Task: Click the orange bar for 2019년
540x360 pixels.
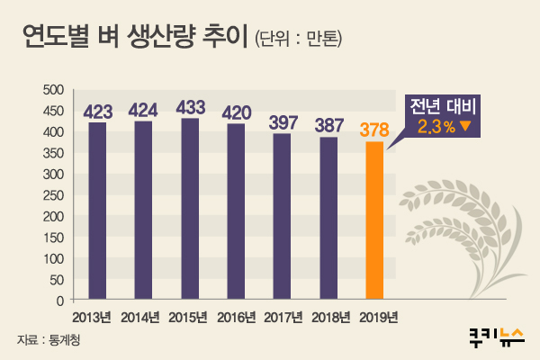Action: [375, 220]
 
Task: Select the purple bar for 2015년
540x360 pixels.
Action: [190, 209]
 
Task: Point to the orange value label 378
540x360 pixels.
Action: [375, 130]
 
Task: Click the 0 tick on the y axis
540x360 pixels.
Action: [58, 300]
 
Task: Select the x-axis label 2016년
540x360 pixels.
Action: [236, 317]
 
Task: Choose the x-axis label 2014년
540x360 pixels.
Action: [143, 317]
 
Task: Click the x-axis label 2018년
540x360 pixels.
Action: [328, 317]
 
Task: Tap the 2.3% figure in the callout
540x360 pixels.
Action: [436, 127]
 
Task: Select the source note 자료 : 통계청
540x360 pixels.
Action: [54, 341]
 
